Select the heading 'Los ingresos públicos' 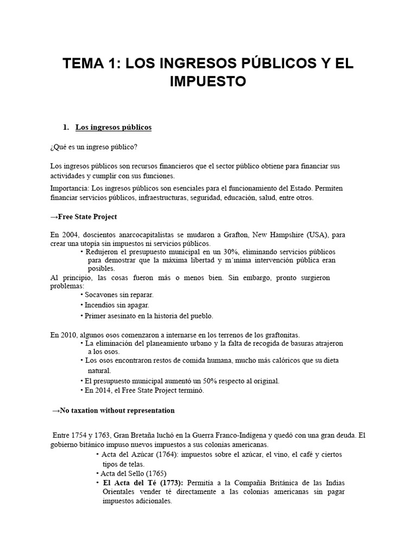pyautogui.click(x=113, y=127)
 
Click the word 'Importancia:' pyautogui.click(x=68, y=188)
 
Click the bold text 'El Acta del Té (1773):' pyautogui.click(x=143, y=483)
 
